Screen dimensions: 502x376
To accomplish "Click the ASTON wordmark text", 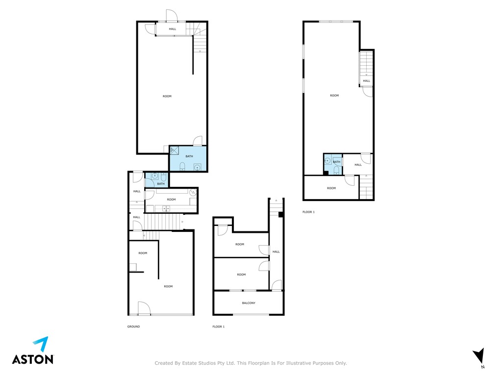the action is pos(33,359).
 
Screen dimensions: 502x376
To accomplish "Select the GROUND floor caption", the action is pos(133,326).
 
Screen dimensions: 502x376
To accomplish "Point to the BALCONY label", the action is pos(249,303).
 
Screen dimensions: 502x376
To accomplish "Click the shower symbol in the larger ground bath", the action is pos(174,150).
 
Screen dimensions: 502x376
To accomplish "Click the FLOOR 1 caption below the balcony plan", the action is pos(218,326).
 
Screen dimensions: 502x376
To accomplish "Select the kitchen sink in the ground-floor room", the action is pos(166,209).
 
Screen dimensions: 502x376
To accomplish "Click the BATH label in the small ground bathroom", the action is pos(161,184).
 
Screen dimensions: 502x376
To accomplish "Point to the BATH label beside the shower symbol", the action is pos(189,156).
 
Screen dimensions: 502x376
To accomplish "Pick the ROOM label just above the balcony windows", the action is pos(241,275).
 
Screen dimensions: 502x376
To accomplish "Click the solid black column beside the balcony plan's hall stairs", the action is pos(280,215).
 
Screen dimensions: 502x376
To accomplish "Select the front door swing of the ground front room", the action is pos(144,308).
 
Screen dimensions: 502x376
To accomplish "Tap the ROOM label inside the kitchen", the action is pos(171,200).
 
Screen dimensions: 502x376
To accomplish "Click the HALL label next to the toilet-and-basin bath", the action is pos(358,165).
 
